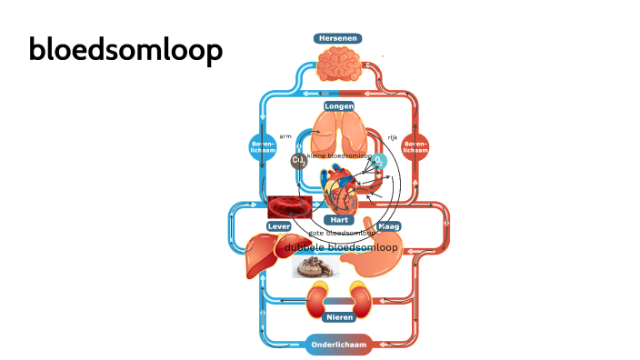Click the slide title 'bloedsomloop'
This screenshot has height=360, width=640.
[x=125, y=50]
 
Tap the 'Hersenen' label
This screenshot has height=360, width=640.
[x=338, y=38]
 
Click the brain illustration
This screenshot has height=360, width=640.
[x=338, y=65]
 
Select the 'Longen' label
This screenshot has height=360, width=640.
[x=338, y=106]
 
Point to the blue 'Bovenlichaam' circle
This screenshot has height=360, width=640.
[x=263, y=146]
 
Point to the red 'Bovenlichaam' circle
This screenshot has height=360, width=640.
[x=415, y=146]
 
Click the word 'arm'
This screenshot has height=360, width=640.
[x=285, y=136]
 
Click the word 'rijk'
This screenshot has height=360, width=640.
[x=393, y=137]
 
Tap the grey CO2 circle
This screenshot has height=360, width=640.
[x=298, y=161]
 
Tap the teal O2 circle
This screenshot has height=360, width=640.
[x=379, y=161]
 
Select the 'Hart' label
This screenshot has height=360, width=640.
[x=339, y=220]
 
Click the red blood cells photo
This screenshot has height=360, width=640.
[x=290, y=206]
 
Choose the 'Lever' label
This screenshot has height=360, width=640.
[x=279, y=225]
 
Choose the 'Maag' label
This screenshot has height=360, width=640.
[x=388, y=225]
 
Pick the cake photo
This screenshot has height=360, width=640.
[x=315, y=266]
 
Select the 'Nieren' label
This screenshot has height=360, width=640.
[x=339, y=317]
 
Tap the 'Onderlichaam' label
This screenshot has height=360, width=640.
[x=339, y=345]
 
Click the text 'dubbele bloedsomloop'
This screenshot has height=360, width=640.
[x=341, y=247]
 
